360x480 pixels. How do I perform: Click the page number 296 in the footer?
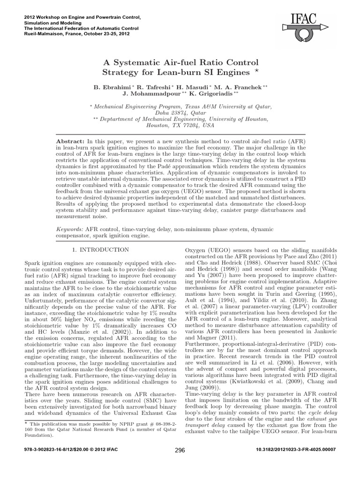coord(180,464)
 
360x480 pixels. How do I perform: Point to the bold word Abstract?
coord(70,141)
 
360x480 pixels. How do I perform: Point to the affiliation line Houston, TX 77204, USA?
coord(180,126)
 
